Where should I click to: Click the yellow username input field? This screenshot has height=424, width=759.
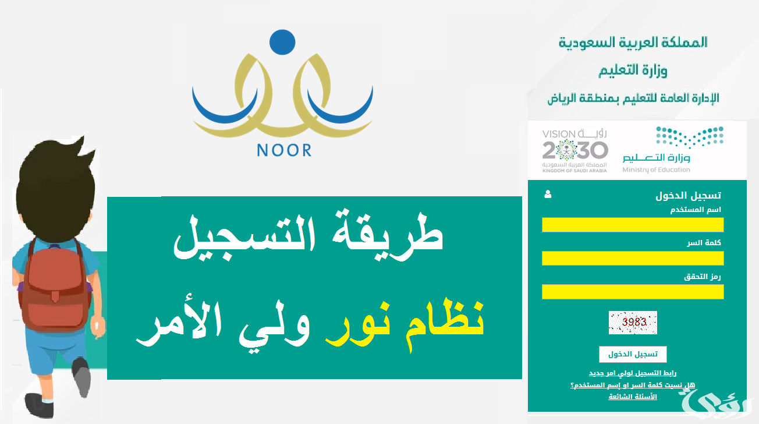coord(633,225)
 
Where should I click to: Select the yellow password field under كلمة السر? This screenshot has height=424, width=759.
coord(633,258)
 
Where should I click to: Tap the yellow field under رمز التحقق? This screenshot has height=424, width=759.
coord(633,291)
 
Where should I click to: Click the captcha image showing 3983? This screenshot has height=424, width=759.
coord(633,322)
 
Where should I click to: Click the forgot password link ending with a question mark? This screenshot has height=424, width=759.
coord(633,385)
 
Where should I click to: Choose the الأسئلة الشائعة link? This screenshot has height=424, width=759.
coord(633,397)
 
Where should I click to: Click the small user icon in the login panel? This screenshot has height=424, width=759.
coord(548,195)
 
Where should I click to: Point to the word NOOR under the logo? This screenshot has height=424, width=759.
coord(284,150)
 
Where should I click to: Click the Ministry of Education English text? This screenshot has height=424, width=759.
coord(656,170)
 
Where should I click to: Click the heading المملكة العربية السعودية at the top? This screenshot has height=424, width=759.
coord(633,42)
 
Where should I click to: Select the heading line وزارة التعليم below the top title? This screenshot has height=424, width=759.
coord(633,70)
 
